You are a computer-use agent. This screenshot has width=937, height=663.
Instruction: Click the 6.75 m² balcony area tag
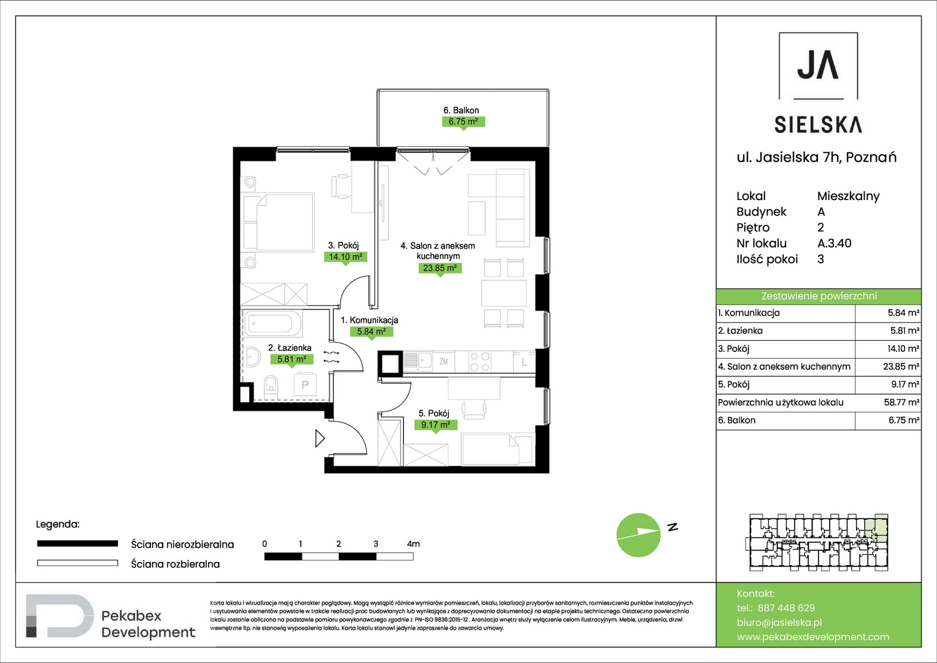[463, 122]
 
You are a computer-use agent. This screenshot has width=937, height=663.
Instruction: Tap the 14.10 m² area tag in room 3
[345, 257]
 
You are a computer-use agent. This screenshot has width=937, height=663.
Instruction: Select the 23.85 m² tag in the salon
[440, 268]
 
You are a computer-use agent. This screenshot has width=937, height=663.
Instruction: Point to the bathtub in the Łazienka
[272, 324]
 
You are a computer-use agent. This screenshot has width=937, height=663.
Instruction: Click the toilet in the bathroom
[271, 387]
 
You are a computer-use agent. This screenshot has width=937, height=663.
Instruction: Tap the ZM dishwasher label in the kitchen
[444, 361]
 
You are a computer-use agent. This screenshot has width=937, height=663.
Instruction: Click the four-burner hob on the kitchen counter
[479, 362]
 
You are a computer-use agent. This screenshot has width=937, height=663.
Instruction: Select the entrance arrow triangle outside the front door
[320, 438]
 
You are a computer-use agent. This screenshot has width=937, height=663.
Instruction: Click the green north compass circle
[638, 535]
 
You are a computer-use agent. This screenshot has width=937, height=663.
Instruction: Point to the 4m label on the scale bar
[414, 544]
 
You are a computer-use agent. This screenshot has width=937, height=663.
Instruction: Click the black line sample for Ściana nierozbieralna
[77, 544]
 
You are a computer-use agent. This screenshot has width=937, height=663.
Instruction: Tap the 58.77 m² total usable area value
[901, 402]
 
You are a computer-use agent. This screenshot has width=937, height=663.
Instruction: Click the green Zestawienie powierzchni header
[819, 297]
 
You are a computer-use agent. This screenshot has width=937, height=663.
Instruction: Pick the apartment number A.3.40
[835, 243]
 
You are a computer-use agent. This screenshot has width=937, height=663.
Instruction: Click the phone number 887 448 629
[787, 608]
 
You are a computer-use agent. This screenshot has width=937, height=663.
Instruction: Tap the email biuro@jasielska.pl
[779, 622]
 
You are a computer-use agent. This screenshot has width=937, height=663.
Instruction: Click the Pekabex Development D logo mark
[60, 616]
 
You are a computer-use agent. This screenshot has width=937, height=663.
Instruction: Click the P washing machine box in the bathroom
[305, 384]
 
